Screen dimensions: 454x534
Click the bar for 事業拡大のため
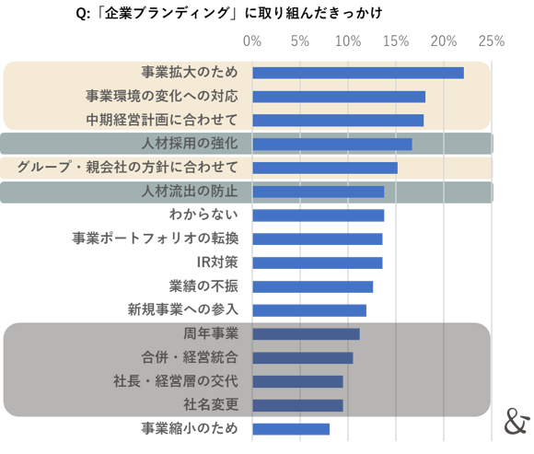click(357, 73)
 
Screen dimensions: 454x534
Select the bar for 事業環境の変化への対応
click(338, 97)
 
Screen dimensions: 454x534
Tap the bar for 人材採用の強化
click(331, 144)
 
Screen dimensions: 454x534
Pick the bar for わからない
click(318, 215)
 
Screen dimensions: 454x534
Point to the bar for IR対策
click(317, 262)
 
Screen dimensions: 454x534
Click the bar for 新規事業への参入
click(309, 309)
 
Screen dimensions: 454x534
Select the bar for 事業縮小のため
click(291, 428)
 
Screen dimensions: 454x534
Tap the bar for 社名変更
click(297, 404)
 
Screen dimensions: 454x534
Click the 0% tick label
click(251, 41)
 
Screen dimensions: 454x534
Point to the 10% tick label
click(347, 41)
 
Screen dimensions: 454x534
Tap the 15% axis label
click(395, 41)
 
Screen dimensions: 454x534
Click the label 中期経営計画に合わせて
click(162, 120)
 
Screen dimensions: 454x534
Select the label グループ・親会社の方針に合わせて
click(128, 168)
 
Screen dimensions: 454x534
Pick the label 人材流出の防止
click(191, 192)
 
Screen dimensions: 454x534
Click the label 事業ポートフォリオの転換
click(156, 239)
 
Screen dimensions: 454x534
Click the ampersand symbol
click(517, 421)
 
